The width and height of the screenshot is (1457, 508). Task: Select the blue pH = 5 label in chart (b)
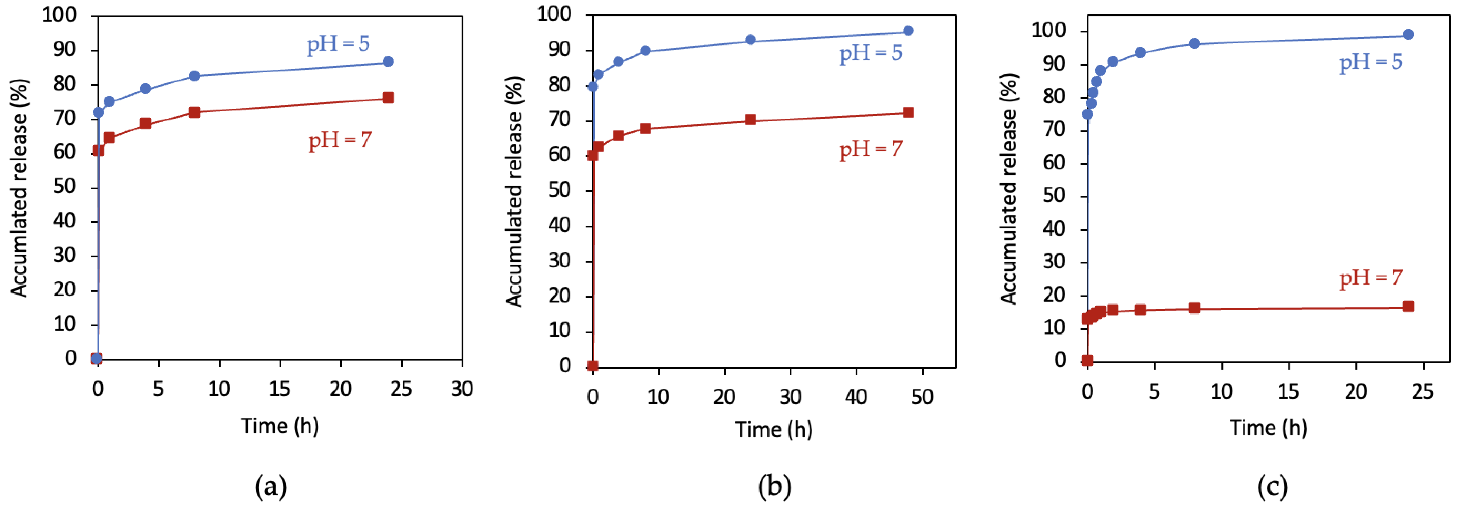871,53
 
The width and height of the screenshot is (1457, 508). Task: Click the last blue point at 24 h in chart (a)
388,62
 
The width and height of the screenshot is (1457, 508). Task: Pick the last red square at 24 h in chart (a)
388,98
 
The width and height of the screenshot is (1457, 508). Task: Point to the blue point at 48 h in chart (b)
908,31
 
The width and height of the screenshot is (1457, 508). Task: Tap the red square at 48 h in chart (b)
908,112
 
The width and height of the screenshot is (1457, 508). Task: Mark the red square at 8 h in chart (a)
194,112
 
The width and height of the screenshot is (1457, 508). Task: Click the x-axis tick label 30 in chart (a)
462,389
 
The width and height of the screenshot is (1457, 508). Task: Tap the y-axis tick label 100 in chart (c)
1049,31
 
